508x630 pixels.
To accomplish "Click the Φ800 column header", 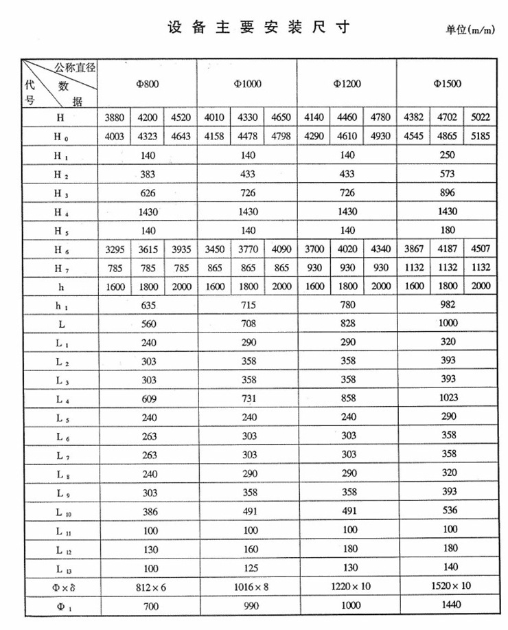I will click(148, 85).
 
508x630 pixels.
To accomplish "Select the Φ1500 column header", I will click(447, 85).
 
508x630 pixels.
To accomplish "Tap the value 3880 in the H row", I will click(114, 117).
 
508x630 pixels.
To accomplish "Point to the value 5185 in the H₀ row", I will click(480, 136).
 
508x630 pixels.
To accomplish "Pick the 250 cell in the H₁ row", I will click(447, 155).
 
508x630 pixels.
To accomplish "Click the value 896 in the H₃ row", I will click(447, 193).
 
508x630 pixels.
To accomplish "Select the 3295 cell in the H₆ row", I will click(114, 249).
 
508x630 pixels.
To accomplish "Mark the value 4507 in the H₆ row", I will click(480, 249).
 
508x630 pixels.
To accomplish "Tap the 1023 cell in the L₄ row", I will click(447, 398).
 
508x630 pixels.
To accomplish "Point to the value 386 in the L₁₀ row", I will click(148, 511).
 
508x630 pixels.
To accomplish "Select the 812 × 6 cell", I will click(148, 587).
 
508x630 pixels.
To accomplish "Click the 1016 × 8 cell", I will click(249, 587).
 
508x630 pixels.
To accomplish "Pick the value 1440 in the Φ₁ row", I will click(447, 606).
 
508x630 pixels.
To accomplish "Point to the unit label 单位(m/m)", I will click(470, 30).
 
